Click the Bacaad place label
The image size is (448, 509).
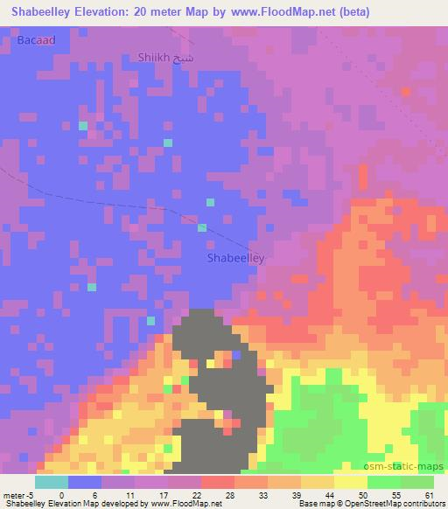click(x=36, y=40)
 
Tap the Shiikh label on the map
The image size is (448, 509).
click(x=155, y=58)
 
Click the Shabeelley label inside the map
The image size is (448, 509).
click(x=235, y=259)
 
